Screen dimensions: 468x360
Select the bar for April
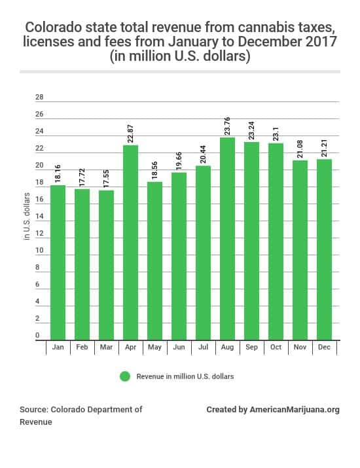pos(130,242)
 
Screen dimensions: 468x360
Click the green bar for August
pos(227,238)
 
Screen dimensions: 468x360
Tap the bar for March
pos(106,265)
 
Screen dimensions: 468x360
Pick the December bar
pos(324,249)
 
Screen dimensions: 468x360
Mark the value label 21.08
pos(300,147)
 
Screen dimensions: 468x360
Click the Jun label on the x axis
pos(179,347)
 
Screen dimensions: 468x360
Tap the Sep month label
pos(251,347)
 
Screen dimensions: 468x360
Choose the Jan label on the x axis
pos(58,347)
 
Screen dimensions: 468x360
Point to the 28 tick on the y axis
pos(39,98)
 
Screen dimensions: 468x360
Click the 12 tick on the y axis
pos(39,234)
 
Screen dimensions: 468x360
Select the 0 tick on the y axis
pos(37,336)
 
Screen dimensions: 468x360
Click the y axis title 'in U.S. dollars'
pos(27,216)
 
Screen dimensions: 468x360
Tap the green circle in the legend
pos(125,376)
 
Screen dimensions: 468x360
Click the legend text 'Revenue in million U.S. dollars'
pos(185,376)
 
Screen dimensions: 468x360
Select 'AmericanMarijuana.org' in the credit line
pos(295,410)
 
